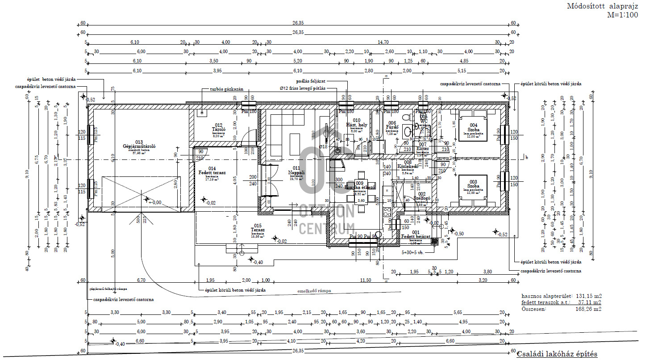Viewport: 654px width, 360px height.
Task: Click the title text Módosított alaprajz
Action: coord(602,6)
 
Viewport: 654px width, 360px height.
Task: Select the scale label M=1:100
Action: coord(622,15)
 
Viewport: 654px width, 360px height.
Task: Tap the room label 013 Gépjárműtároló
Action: coord(139,147)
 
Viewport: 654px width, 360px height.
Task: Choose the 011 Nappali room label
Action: coord(296,172)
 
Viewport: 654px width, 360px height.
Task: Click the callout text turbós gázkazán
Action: coord(226,89)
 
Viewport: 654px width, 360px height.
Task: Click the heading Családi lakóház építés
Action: coord(557,354)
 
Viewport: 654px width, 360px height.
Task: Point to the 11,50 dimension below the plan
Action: coord(366,280)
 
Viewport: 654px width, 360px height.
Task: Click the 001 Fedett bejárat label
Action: coord(416,234)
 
